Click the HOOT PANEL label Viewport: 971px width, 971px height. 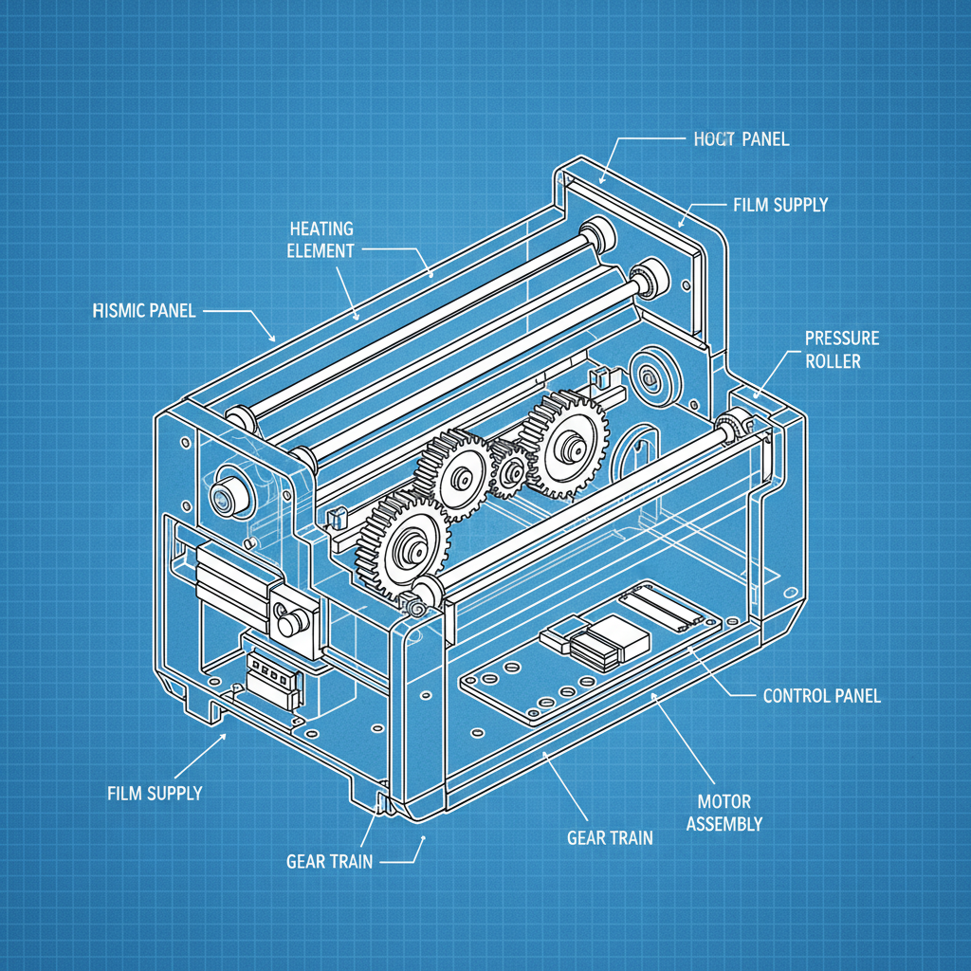pyautogui.click(x=735, y=139)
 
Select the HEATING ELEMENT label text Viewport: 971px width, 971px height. pyautogui.click(x=321, y=240)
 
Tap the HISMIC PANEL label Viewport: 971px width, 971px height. pyautogui.click(x=145, y=311)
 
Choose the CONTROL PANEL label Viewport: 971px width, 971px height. pyautogui.click(x=821, y=696)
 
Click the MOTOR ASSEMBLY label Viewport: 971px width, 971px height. pyautogui.click(x=724, y=814)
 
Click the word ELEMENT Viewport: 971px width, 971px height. pyautogui.click(x=321, y=251)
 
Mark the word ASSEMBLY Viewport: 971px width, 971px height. pyautogui.click(x=724, y=825)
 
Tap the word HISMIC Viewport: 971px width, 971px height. pyautogui.click(x=119, y=311)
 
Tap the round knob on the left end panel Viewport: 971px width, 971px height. pyautogui.click(x=228, y=492)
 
